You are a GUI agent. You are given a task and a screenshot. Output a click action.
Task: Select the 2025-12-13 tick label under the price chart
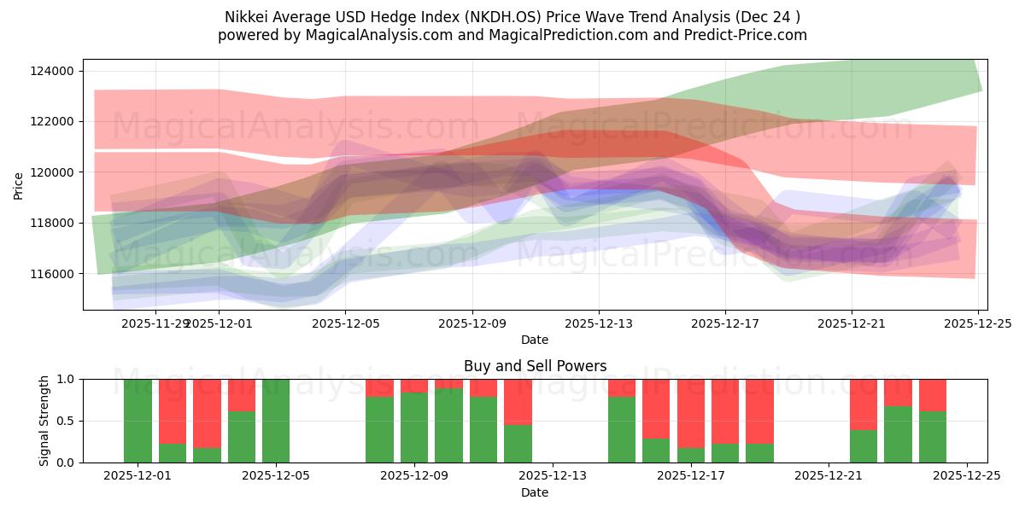598,323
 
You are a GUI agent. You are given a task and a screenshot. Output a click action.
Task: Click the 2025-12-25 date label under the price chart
977,323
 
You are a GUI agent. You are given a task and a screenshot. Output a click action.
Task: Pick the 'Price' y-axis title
19,184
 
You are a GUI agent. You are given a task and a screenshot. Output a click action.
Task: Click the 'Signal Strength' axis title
44,421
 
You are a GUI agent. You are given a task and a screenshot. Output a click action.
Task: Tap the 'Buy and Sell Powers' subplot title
535,366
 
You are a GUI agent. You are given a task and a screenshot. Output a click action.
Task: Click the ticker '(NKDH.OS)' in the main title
506,17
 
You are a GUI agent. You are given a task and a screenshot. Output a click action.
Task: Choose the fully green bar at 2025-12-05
276,421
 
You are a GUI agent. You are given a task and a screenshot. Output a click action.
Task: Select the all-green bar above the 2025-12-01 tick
138,421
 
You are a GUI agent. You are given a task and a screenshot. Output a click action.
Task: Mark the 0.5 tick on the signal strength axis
66,421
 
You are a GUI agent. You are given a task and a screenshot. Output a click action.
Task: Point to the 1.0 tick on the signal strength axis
66,379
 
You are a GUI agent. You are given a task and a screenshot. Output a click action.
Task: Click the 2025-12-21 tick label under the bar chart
829,476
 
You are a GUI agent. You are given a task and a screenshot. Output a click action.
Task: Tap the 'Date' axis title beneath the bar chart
535,492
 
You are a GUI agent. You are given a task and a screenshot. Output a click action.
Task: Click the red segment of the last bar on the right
933,395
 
